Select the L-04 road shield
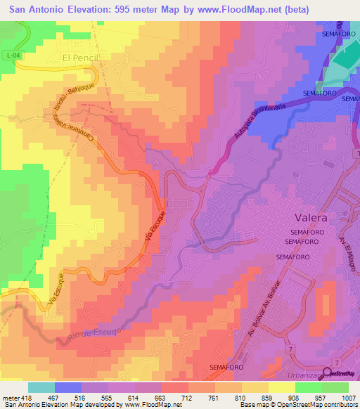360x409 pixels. [x=8, y=56]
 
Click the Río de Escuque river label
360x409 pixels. [x=98, y=333]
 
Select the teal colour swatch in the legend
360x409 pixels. [x=41, y=387]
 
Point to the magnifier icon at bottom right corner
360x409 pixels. [x=327, y=373]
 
